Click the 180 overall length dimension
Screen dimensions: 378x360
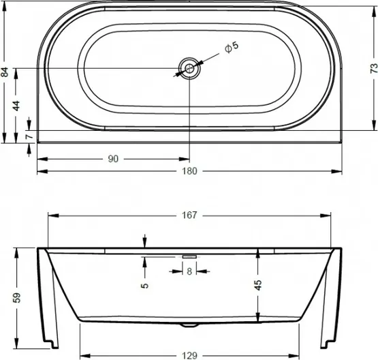(190, 171)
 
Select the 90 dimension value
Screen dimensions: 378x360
(113, 159)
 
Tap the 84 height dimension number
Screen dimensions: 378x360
(5, 72)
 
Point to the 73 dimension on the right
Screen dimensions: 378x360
(373, 68)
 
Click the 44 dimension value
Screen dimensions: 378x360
(16, 106)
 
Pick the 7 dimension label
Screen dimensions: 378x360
(29, 136)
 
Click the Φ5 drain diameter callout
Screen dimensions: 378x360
(232, 47)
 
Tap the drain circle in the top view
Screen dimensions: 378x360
(189, 68)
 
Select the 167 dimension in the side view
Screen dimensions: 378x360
(190, 215)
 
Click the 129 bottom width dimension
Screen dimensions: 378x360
(190, 356)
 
